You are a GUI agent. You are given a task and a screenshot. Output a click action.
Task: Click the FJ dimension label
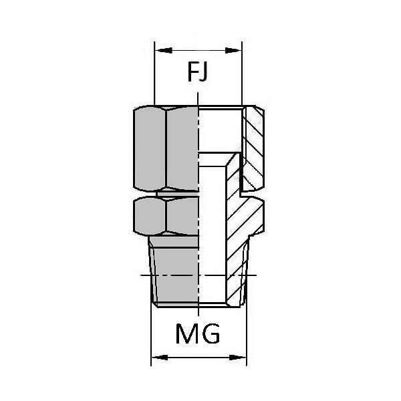tap(197, 72)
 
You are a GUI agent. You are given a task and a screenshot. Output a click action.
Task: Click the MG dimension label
tap(198, 333)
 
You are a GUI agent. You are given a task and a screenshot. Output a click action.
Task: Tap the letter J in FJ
tap(203, 73)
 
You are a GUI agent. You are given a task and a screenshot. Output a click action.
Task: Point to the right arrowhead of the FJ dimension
tap(233, 50)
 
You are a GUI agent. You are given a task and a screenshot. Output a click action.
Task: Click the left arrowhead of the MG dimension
tap(160, 358)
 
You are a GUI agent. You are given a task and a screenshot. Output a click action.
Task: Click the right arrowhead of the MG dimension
tap(238, 358)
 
